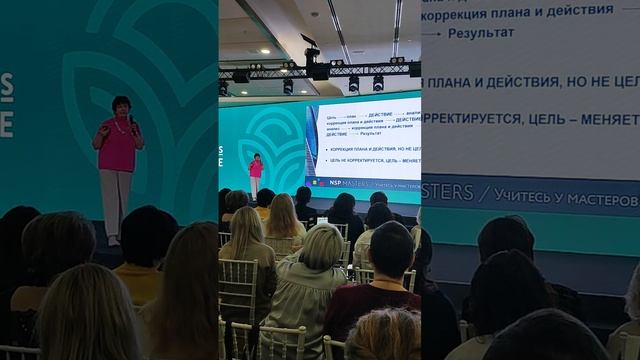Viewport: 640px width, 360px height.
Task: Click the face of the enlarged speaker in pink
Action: [121, 107]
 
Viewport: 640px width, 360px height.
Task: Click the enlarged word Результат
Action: [484, 32]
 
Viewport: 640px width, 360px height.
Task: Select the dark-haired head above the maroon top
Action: [391, 250]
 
